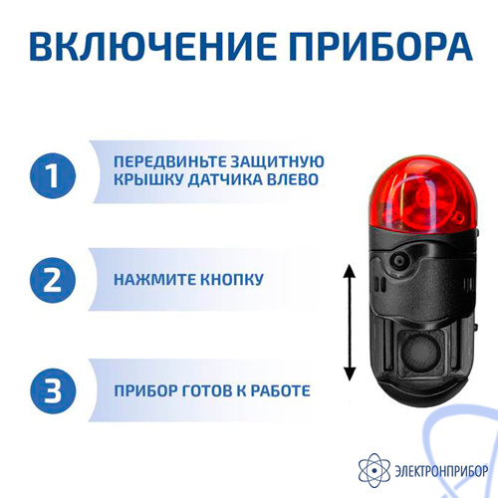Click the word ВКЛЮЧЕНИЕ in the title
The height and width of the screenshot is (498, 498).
click(x=152, y=46)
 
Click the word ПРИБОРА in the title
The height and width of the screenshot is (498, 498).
click(x=380, y=46)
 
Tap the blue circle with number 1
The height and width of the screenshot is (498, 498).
click(x=53, y=175)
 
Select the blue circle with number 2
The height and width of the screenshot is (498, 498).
click(x=53, y=280)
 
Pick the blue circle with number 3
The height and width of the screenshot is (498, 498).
click(x=53, y=390)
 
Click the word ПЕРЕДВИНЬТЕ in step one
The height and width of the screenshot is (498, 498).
click(x=169, y=162)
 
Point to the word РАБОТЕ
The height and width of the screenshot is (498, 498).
click(x=281, y=390)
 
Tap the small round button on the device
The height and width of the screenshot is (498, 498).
click(x=398, y=260)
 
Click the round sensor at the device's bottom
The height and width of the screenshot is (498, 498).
click(x=420, y=353)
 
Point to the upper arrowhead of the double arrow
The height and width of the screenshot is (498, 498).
click(x=350, y=271)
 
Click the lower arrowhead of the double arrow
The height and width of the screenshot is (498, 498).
click(x=350, y=373)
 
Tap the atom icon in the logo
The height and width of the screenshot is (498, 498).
click(x=374, y=470)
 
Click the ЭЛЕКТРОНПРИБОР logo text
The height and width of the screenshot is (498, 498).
click(x=441, y=471)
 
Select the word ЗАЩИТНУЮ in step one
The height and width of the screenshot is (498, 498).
click(x=277, y=162)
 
